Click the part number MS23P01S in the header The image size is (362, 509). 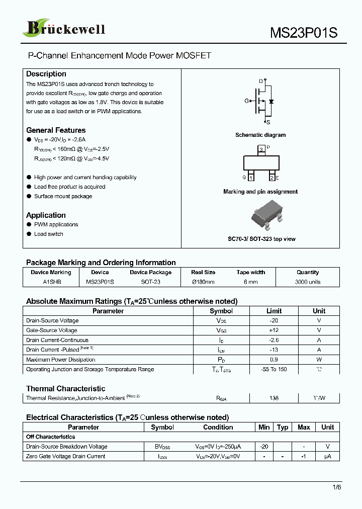pos(304,33)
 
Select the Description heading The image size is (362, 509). pos(46,74)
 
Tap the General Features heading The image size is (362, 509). pos(56,130)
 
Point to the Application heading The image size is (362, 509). pos(46,215)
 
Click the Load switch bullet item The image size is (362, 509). pos(48,234)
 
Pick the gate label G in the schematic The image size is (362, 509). pos(247,101)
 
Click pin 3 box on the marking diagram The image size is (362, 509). pos(260,150)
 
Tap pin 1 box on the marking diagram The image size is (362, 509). pos(251,178)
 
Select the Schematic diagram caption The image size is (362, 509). pos(260,135)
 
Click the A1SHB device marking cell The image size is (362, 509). pos(52,282)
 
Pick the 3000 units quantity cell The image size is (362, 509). pos(308,282)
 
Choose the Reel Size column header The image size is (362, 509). pos(203,272)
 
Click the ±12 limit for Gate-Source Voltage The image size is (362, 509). pos(274,330)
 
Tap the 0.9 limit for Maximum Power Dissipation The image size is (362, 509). pos(274,360)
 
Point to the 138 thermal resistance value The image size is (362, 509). pos(274,398)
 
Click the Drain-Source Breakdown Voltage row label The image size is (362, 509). pos(66,447)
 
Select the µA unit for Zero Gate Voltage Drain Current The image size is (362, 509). pos(327,457)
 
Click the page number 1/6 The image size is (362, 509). pos(336,487)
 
